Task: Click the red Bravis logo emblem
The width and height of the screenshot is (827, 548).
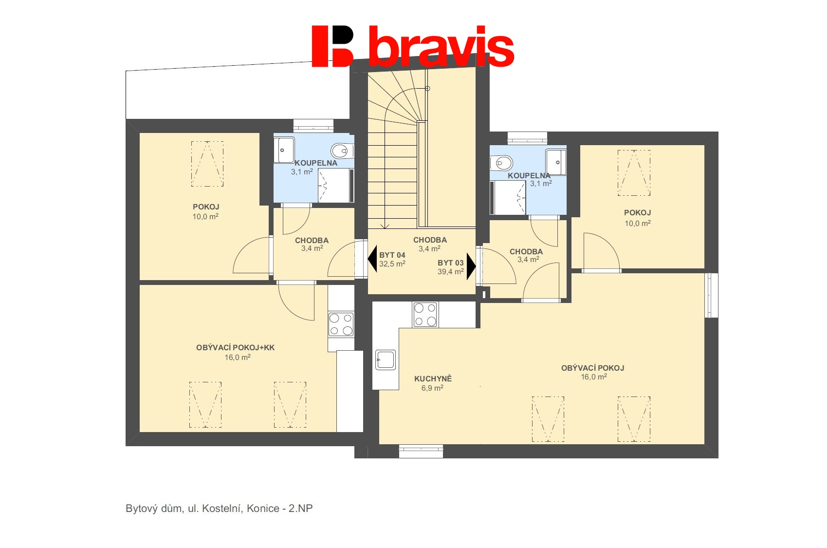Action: [x=332, y=46]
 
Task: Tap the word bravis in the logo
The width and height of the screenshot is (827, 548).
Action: [x=441, y=46]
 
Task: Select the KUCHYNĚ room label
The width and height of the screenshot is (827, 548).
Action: [x=433, y=379]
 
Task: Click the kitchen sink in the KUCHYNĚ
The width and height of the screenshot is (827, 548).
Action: [x=386, y=359]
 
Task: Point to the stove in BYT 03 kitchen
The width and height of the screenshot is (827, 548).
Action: [x=425, y=315]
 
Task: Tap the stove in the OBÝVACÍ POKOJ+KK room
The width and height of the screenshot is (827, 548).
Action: [x=341, y=325]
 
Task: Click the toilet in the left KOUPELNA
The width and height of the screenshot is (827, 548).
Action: [x=342, y=151]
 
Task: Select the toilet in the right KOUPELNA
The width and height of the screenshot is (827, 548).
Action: [x=501, y=163]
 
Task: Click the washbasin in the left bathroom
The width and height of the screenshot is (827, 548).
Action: [x=284, y=150]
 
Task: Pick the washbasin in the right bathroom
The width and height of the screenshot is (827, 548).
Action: [x=556, y=162]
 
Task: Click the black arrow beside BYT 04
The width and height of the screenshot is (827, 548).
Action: [x=372, y=259]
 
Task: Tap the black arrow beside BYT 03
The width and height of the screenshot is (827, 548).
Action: [x=471, y=266]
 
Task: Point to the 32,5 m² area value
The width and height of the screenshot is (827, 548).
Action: [x=392, y=264]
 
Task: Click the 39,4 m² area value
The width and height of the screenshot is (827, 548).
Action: [x=450, y=272]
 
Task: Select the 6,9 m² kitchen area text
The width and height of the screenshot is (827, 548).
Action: [x=432, y=388]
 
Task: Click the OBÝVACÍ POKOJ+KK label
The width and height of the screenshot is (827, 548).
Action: [x=236, y=348]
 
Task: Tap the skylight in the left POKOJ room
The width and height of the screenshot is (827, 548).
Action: [x=207, y=164]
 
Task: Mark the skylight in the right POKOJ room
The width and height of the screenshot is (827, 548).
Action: [x=634, y=172]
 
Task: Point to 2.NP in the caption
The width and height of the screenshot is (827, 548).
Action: [x=300, y=509]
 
